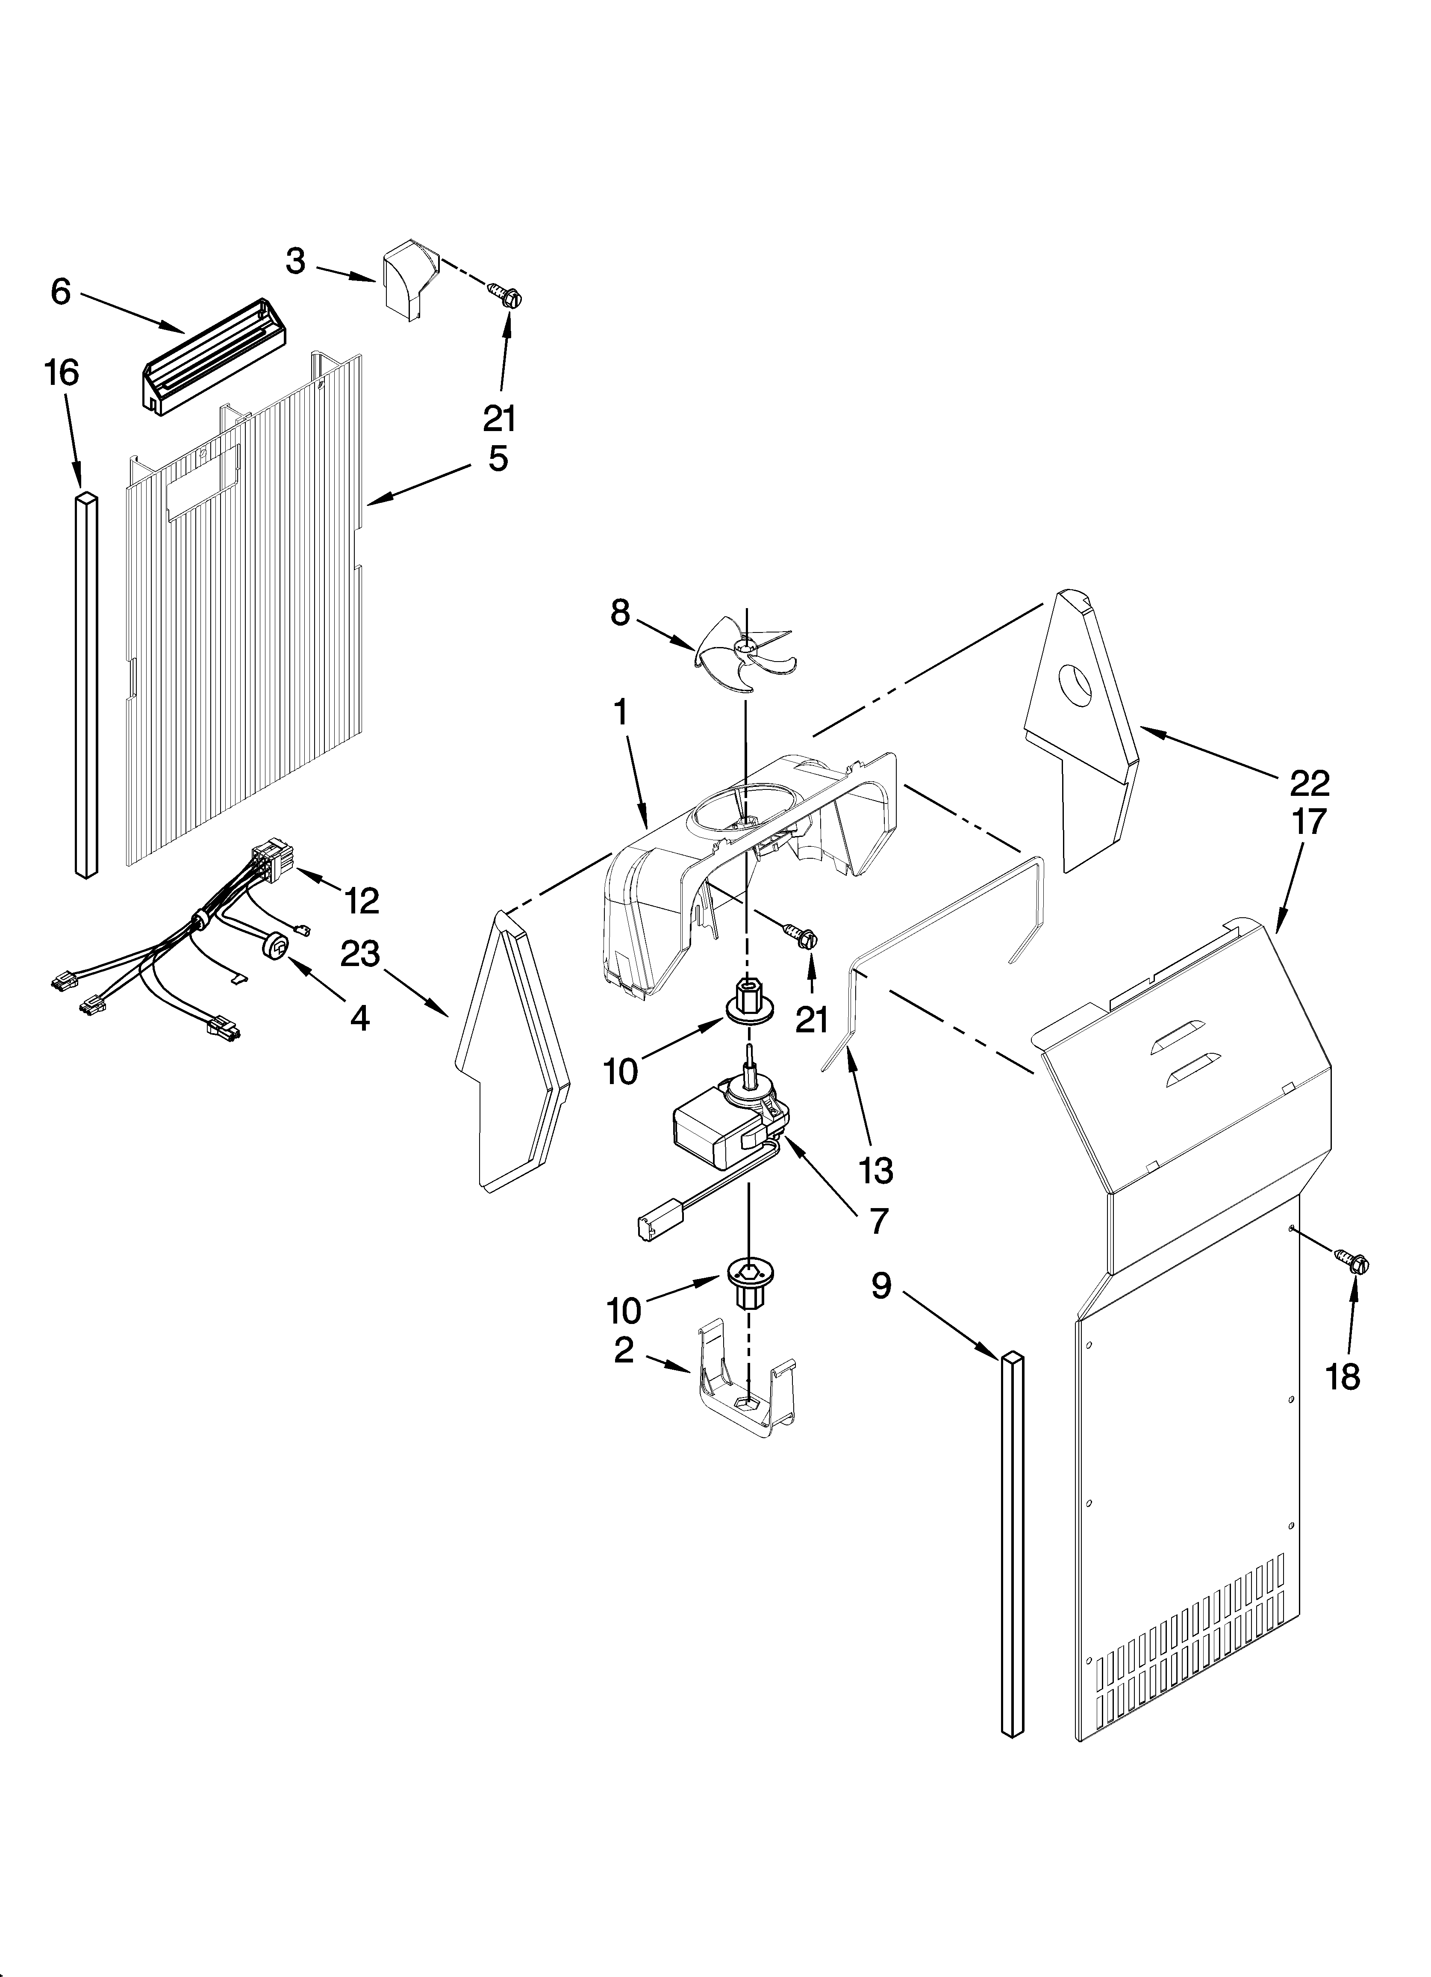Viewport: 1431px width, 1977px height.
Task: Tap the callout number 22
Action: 1309,783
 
